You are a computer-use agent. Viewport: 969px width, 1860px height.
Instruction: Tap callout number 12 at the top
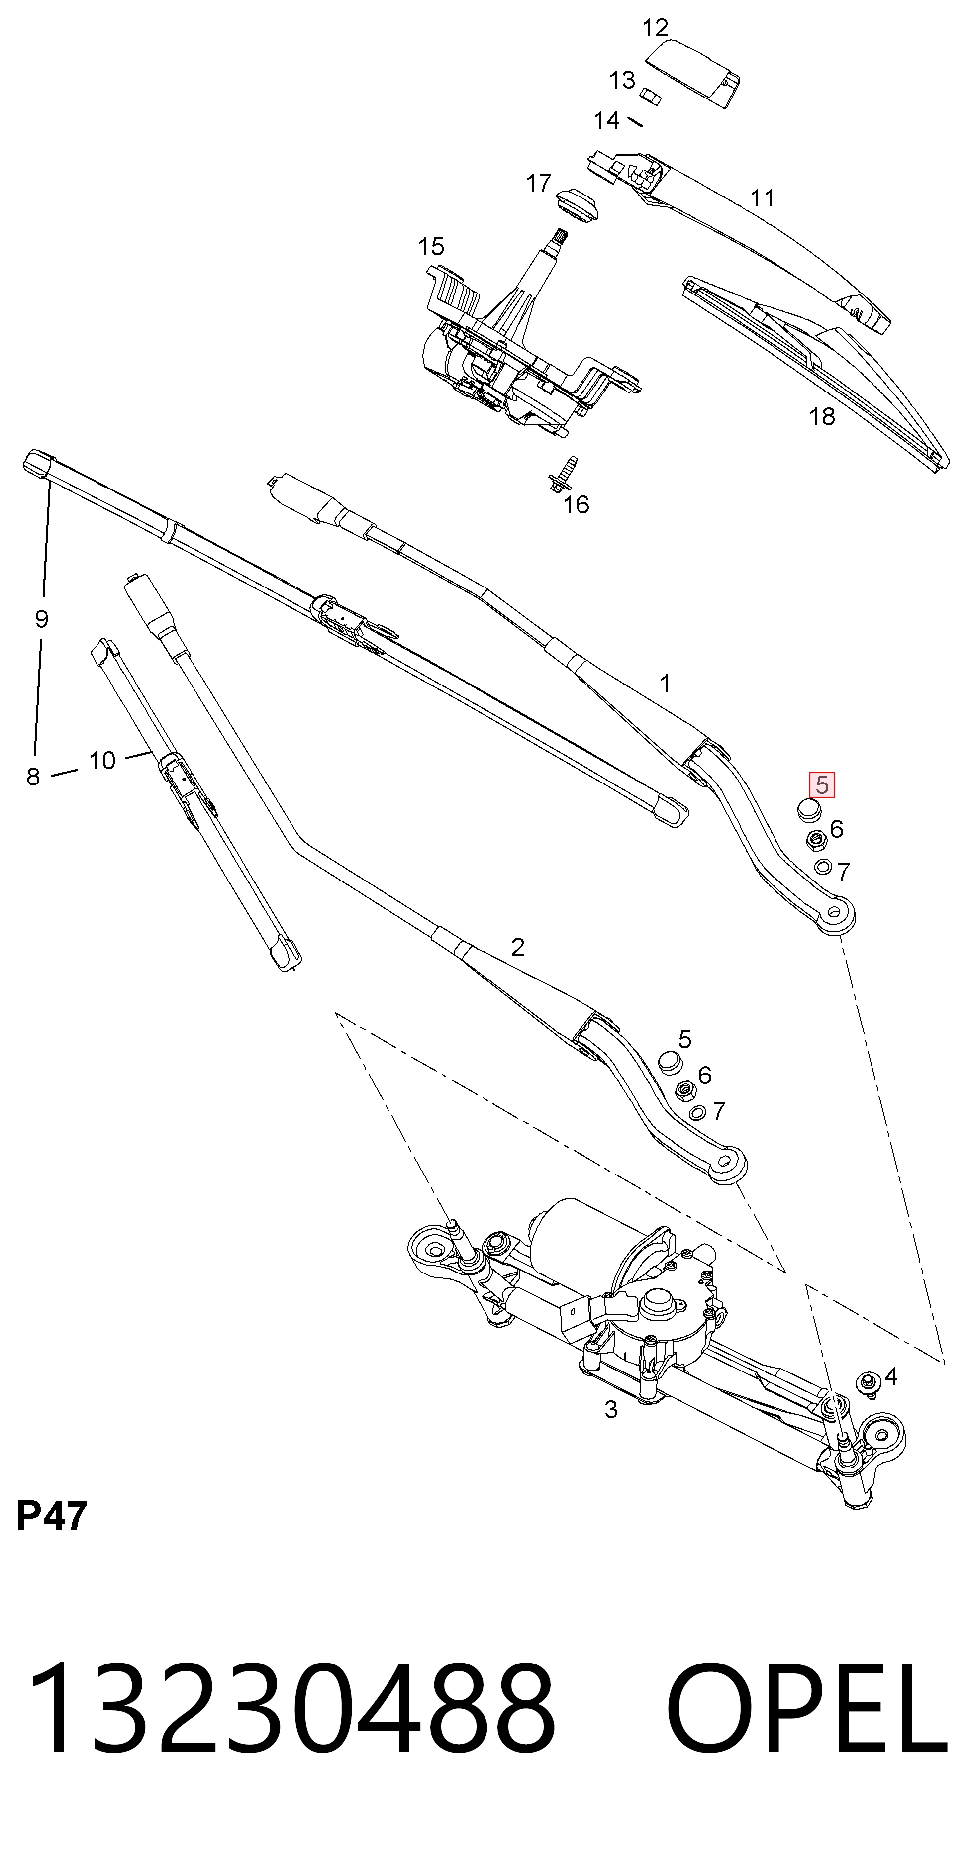click(x=655, y=28)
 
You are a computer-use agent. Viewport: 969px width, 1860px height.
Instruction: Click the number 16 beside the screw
click(x=576, y=505)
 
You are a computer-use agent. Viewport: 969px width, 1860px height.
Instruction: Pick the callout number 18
click(x=822, y=417)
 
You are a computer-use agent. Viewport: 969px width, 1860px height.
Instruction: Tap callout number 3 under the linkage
click(x=611, y=1409)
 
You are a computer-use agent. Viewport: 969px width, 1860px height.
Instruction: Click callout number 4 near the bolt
click(x=890, y=1377)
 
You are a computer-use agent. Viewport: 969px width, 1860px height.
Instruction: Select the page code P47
click(x=52, y=1516)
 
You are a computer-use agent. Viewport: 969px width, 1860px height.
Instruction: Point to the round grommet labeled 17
click(x=578, y=206)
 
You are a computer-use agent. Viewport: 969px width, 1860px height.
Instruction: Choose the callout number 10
click(x=102, y=760)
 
